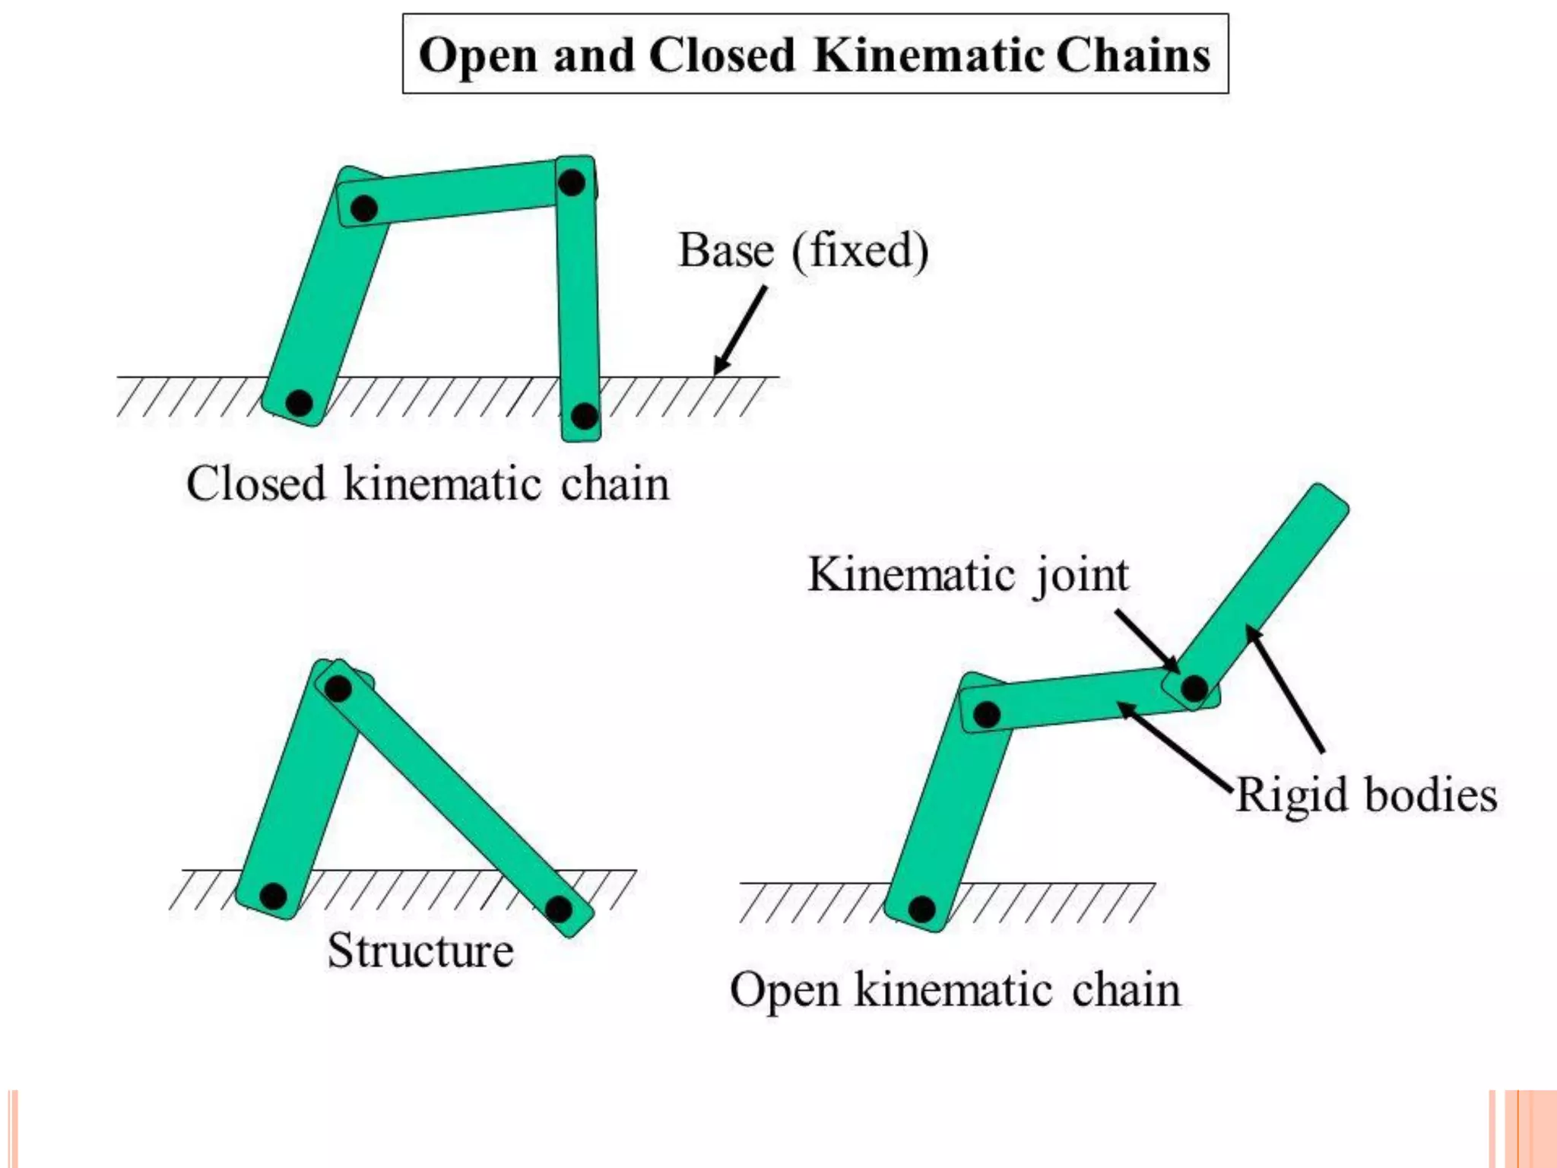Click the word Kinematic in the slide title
tap(928, 55)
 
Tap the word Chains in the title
tap(1133, 55)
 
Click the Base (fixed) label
tap(803, 251)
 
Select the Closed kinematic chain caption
tap(428, 484)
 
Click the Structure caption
tap(420, 951)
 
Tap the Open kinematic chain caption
tap(955, 990)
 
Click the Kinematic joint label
tap(968, 575)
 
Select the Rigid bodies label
tap(1366, 795)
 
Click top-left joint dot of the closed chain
tap(364, 208)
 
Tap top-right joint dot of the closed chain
tap(572, 182)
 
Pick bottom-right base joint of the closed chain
tap(584, 416)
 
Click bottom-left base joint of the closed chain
tap(299, 402)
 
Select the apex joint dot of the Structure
tap(338, 688)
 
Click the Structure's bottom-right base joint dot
tap(559, 909)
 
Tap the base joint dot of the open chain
tap(921, 909)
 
